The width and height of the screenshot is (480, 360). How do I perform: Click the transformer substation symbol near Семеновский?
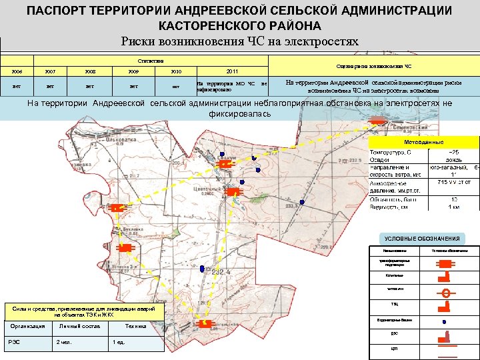pos(377,120)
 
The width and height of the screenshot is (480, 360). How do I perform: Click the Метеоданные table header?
pos(423,143)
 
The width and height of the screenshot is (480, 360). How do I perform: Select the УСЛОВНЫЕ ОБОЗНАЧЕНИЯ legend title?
pos(422,239)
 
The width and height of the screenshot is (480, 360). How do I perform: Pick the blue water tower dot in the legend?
pos(445,321)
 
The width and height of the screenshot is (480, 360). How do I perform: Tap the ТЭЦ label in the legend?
pos(395,305)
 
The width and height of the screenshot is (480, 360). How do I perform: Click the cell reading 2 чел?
pos(65,342)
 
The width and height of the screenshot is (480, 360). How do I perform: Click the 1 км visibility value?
pos(453,207)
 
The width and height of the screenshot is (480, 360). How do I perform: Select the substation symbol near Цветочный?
pos(233,192)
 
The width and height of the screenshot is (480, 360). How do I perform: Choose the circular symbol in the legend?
pos(445,292)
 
